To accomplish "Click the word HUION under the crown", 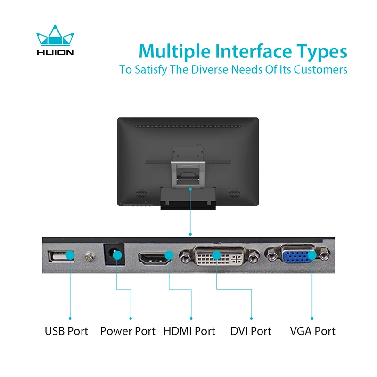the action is click(55, 52).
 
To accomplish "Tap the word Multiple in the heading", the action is click(174, 52).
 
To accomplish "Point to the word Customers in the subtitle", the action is click(320, 69).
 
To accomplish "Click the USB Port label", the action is click(66, 331).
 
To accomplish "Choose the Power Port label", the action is click(128, 331).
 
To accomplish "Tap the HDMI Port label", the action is click(189, 331).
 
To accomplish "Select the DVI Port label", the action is click(251, 331).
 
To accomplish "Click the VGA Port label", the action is click(312, 331).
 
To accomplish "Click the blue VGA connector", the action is click(297, 255).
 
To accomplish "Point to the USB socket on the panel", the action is click(61, 256).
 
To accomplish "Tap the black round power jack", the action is click(114, 254).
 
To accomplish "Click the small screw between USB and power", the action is click(89, 257).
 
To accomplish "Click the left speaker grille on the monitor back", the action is click(141, 193).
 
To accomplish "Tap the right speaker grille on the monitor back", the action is click(234, 193).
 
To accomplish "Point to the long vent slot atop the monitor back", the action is click(188, 126).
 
